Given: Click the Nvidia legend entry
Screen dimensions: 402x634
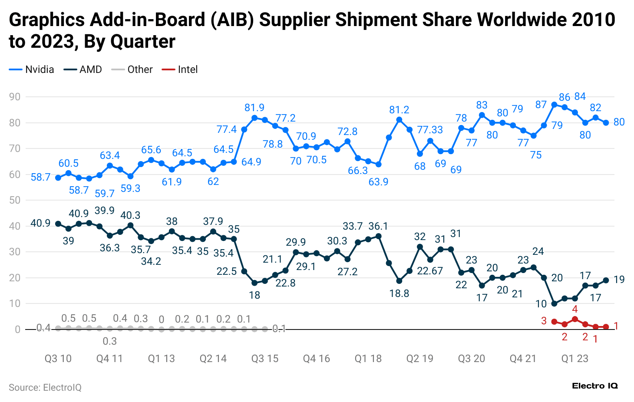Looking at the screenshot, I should point(32,69).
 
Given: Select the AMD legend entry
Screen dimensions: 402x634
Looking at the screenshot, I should point(83,69).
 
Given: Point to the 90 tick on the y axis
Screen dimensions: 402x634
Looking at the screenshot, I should point(15,97).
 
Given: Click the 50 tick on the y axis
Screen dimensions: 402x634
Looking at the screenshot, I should point(15,200).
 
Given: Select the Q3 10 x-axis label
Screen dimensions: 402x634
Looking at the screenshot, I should point(58,359).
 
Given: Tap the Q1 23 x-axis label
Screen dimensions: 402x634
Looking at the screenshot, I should point(575,359).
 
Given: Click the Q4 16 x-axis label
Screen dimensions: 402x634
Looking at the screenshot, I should point(317,359).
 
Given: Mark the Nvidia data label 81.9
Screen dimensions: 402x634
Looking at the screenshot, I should point(254,108).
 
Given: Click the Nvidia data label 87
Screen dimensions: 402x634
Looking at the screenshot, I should point(541,105).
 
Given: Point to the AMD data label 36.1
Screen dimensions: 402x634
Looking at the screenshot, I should point(378,226).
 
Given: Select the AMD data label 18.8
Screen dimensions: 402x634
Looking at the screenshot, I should point(399,293).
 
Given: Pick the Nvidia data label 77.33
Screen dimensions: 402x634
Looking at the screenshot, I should point(430,130).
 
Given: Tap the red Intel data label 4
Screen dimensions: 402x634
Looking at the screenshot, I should point(575,309).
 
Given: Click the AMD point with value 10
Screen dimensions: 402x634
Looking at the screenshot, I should point(554,303).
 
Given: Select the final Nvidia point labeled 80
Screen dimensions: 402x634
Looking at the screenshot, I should point(606,123).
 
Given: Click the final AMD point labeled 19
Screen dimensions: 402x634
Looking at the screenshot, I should point(606,280).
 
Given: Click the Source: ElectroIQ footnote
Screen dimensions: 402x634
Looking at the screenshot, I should point(45,388).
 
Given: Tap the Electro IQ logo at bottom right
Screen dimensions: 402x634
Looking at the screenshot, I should point(595,386).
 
